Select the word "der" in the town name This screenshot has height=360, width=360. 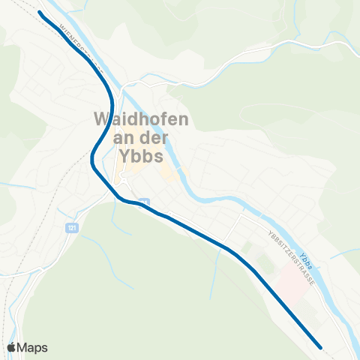point(153,138)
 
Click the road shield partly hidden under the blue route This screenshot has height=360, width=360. point(145,202)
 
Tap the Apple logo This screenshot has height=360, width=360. point(12,346)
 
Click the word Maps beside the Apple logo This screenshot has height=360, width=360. point(33,346)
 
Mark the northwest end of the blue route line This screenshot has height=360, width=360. point(40,13)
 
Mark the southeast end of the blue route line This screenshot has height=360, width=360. point(320,347)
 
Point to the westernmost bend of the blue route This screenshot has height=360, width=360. point(92,157)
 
